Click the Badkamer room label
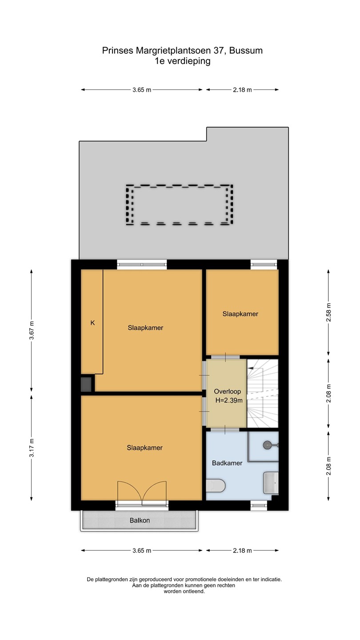(x=227, y=463)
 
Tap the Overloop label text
(x=228, y=392)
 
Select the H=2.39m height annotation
(x=229, y=400)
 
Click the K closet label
(x=92, y=323)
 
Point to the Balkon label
(x=140, y=520)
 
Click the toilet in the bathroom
(x=216, y=485)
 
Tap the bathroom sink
(x=271, y=483)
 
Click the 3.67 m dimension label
(x=32, y=330)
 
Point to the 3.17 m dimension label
(x=32, y=448)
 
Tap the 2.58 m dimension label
(x=328, y=312)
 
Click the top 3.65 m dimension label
(x=142, y=90)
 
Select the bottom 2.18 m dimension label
(x=242, y=551)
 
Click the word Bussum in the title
(x=246, y=51)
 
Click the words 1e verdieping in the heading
(x=182, y=61)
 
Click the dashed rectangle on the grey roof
(x=180, y=186)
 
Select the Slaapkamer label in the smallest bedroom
(x=240, y=314)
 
